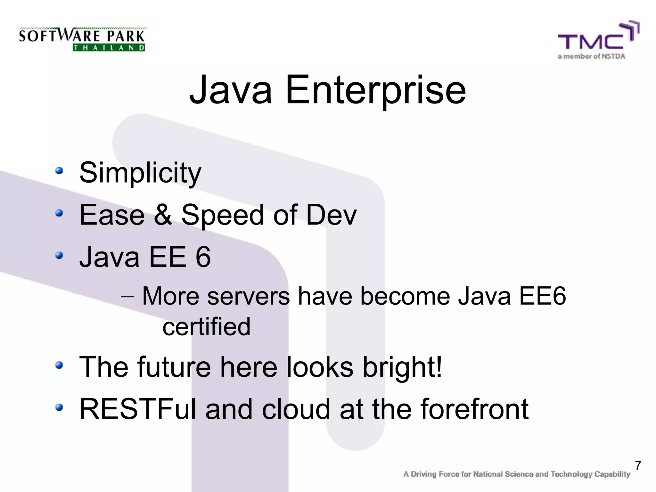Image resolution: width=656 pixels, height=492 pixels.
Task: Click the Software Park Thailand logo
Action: (x=82, y=39)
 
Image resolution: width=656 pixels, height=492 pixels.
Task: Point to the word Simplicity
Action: (x=140, y=173)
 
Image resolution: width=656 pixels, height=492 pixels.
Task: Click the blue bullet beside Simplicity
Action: (x=59, y=170)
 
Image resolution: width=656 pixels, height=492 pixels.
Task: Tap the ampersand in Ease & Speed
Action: (x=163, y=215)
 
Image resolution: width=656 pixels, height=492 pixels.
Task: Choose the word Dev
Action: (x=331, y=215)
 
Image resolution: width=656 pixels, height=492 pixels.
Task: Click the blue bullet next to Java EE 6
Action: (x=59, y=255)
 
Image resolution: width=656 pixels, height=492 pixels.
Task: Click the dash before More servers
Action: (x=127, y=297)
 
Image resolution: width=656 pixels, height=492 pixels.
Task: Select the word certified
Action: (x=206, y=327)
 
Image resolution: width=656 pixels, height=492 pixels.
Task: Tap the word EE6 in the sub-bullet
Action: (x=542, y=296)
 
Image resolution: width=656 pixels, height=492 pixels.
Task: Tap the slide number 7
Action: (x=638, y=465)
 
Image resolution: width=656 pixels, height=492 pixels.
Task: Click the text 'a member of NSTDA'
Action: (x=591, y=57)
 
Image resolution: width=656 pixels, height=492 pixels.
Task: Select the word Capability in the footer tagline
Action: (x=612, y=474)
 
